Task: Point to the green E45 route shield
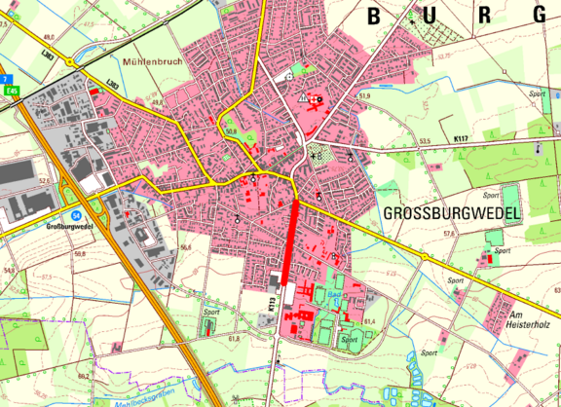[13, 91]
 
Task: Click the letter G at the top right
[541, 15]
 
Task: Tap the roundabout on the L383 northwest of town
[70, 61]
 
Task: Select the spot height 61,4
[369, 320]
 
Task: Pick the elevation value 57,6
[449, 234]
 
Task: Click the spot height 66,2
[83, 373]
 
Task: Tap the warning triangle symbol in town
[305, 98]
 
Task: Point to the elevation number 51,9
[365, 96]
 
